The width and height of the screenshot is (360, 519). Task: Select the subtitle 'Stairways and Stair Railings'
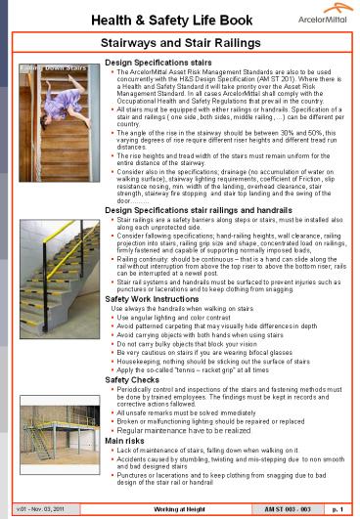pos(180,44)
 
